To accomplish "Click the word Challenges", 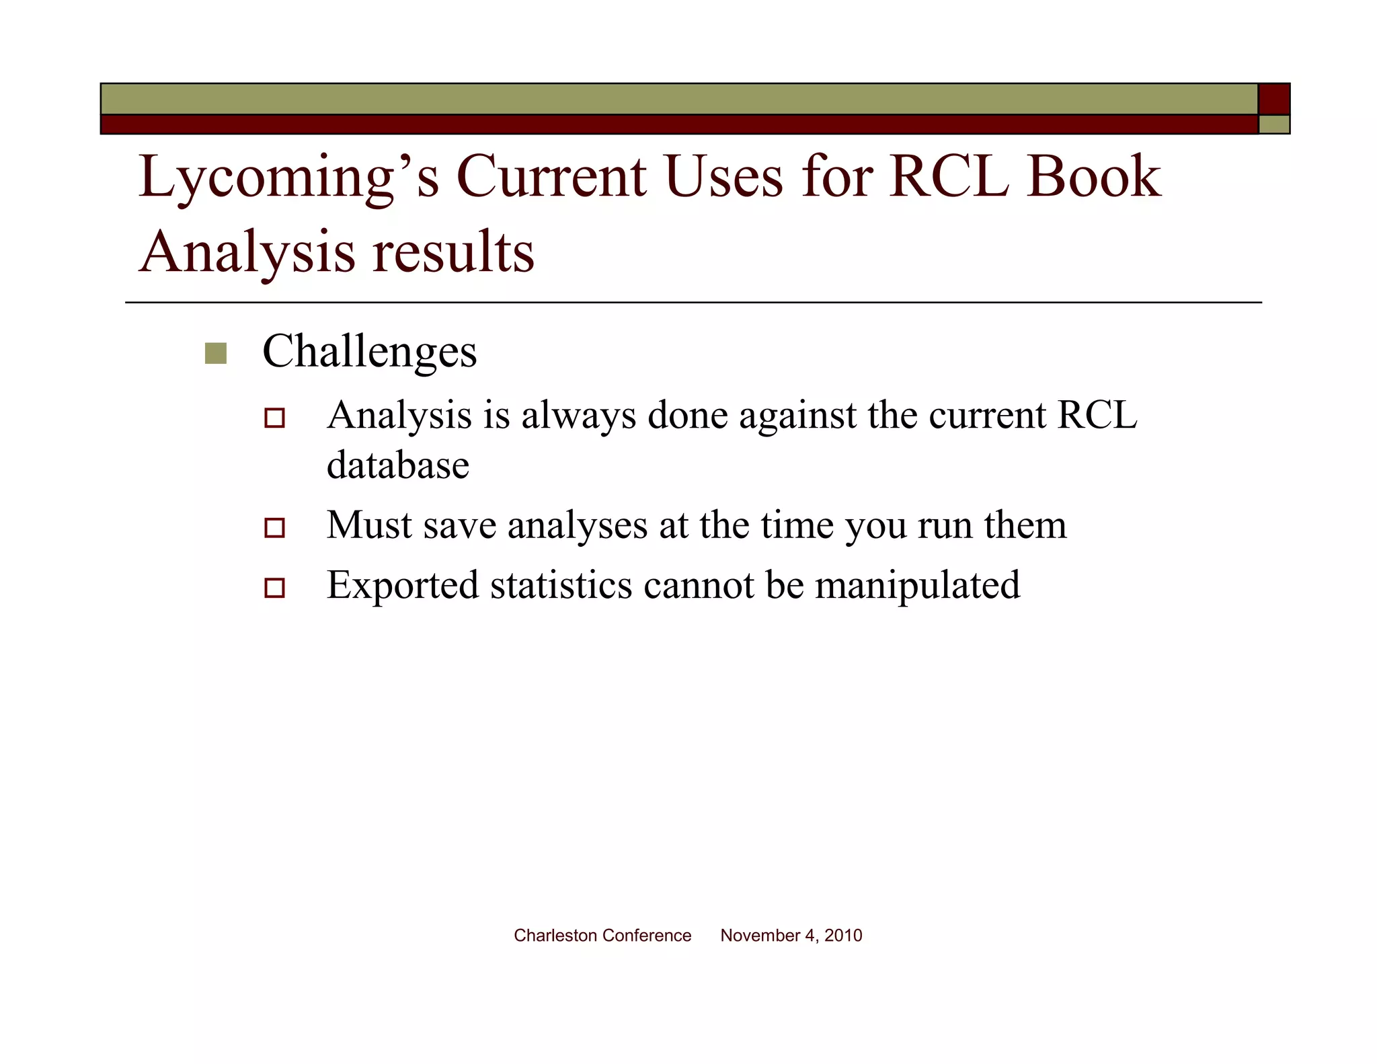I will pyautogui.click(x=369, y=352).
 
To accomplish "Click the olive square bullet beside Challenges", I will pyautogui.click(x=216, y=353).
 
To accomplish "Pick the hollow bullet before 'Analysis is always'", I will pyautogui.click(x=274, y=418).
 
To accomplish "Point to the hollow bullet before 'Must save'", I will pyautogui.click(x=274, y=527).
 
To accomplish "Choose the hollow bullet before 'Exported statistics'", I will pyautogui.click(x=274, y=587).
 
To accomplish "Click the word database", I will pyautogui.click(x=397, y=465).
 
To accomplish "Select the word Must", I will pyautogui.click(x=369, y=525).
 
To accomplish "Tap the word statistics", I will pyautogui.click(x=561, y=585).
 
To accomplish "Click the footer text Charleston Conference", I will pyautogui.click(x=602, y=936).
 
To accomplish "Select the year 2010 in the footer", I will pyautogui.click(x=843, y=936).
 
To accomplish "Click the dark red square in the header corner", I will pyautogui.click(x=1273, y=100).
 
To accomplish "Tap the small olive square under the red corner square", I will pyautogui.click(x=1273, y=124).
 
